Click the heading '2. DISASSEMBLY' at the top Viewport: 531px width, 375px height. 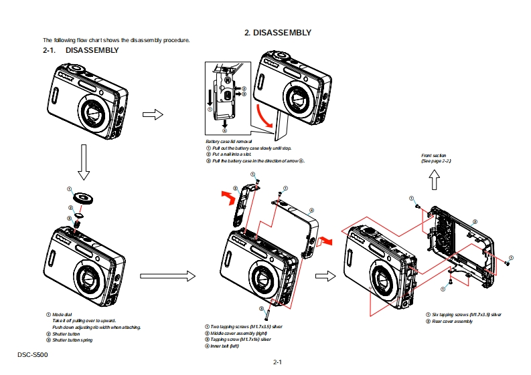point(277,32)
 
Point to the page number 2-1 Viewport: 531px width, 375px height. point(277,362)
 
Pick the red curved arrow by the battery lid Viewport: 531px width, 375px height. point(267,118)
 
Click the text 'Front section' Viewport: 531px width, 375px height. point(434,155)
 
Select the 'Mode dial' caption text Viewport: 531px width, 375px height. point(63,314)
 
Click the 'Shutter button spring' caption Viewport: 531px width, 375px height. point(72,340)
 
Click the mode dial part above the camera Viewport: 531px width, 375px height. point(84,197)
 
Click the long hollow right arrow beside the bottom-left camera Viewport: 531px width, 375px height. point(167,275)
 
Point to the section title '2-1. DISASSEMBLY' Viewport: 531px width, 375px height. point(81,50)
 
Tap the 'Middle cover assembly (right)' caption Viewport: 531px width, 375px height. point(239,332)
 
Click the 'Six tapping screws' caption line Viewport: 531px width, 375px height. point(466,314)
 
